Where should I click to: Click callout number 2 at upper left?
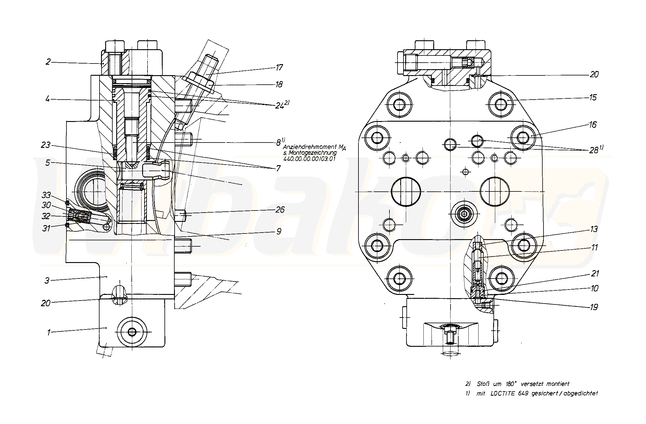coord(48,62)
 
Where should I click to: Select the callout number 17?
coord(279,67)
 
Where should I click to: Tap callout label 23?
coord(46,146)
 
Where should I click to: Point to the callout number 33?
coord(46,195)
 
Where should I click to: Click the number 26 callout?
coord(279,210)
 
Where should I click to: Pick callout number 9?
coord(279,231)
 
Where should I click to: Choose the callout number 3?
coord(47,281)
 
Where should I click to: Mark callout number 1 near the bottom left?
coord(49,332)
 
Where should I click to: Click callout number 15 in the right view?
coord(593,98)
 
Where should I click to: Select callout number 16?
coord(593,125)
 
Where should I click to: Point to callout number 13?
coord(594,229)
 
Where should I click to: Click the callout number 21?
coord(594,273)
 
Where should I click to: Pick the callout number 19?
coord(594,307)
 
